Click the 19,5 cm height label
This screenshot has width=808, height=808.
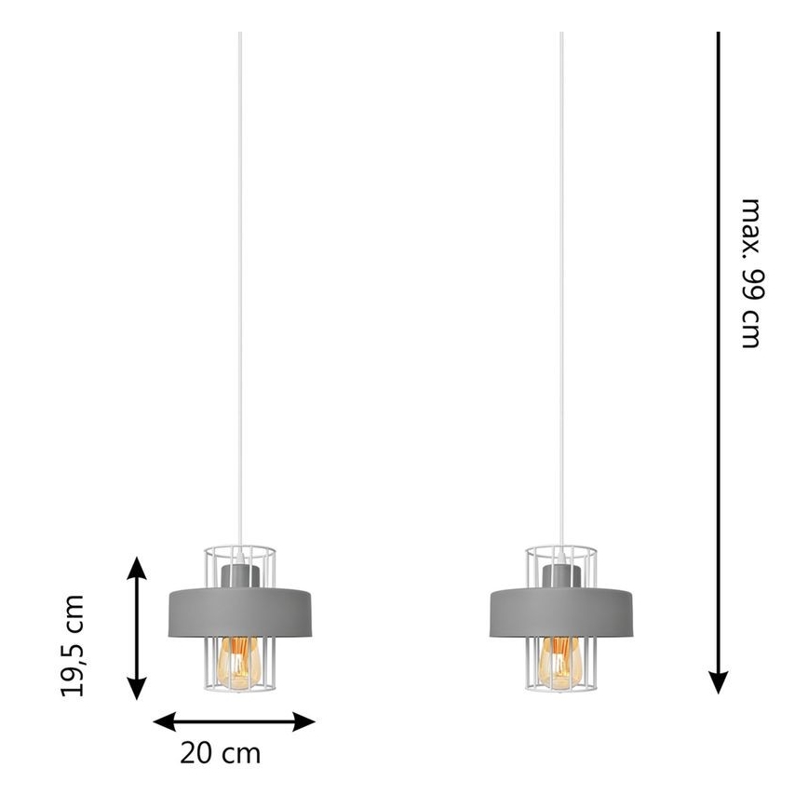coord(73,646)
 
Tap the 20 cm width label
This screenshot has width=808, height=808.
coord(220,753)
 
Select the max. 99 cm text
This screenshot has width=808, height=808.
coord(750,273)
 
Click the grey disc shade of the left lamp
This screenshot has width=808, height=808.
coord(240,612)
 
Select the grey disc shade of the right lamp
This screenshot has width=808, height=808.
coord(561,612)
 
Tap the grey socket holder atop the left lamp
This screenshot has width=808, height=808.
coord(240,575)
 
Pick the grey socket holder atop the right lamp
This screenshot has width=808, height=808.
coord(561,575)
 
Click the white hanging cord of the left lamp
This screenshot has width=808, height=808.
coord(239,291)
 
